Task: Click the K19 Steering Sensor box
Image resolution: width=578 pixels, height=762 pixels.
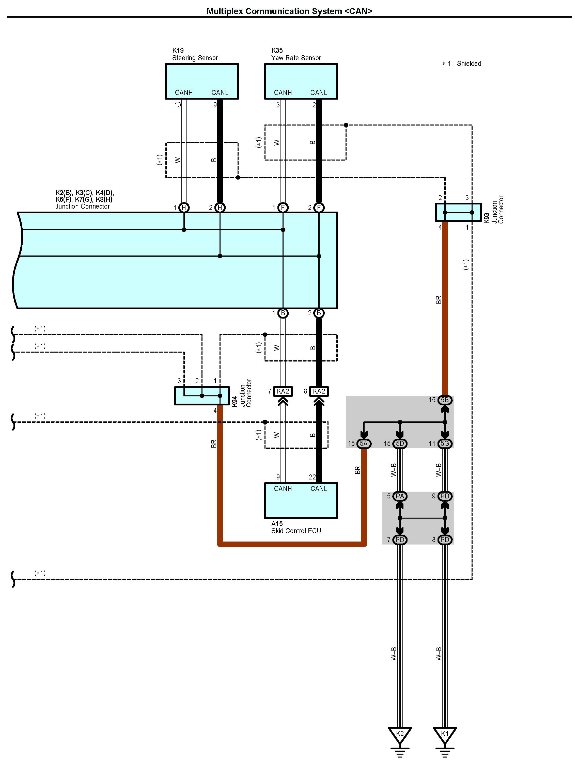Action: point(202,82)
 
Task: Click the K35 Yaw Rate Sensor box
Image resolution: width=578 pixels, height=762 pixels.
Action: point(301,82)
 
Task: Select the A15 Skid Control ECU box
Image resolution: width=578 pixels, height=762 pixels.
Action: point(301,501)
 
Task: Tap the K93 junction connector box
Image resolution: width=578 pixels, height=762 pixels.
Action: point(458,212)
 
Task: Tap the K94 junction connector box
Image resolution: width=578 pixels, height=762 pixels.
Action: point(202,396)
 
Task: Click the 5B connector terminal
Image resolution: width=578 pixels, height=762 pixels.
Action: point(445,400)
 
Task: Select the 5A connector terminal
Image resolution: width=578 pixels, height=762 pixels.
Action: point(364,444)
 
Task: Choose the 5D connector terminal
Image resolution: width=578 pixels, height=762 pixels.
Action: point(400,444)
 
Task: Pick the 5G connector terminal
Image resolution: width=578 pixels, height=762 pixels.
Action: point(445,444)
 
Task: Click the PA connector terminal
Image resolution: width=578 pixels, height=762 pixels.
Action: point(400,496)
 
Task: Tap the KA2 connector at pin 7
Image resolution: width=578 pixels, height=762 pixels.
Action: point(283,391)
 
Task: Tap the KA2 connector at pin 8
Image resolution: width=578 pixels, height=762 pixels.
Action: point(319,391)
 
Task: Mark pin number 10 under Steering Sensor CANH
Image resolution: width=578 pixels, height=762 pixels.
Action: point(178,105)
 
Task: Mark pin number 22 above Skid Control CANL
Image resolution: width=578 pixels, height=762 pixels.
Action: point(312,477)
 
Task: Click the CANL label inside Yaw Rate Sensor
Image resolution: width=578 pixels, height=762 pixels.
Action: point(318,93)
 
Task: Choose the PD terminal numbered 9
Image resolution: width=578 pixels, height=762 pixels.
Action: point(445,496)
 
